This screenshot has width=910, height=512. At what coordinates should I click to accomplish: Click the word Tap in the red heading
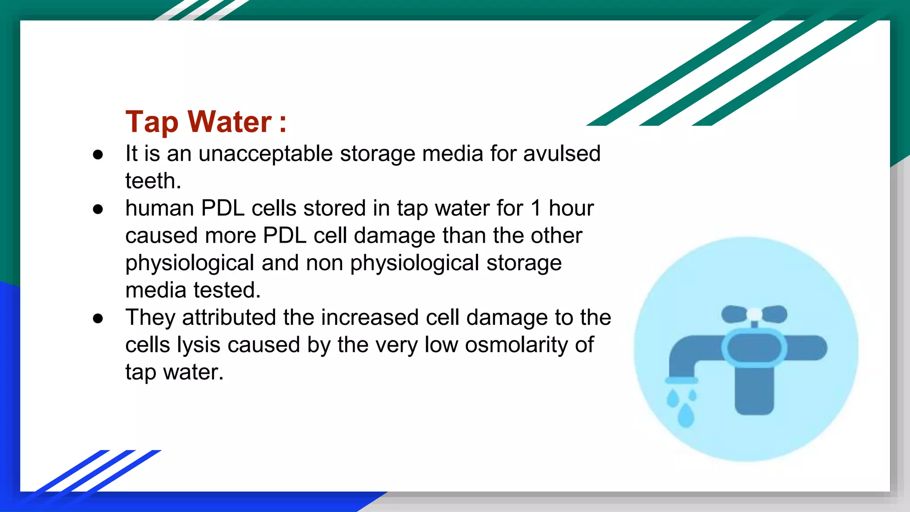[152, 122]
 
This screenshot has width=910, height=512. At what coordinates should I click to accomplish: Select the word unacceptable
[265, 154]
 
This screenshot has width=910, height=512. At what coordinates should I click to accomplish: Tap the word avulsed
[562, 154]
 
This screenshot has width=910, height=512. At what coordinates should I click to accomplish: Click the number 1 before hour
[536, 208]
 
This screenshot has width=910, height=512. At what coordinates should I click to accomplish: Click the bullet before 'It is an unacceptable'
[98, 155]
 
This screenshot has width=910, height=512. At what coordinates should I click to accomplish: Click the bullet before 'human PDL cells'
[98, 209]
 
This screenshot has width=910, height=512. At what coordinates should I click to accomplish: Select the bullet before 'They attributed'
[98, 318]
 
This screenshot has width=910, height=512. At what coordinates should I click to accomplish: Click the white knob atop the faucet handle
[754, 314]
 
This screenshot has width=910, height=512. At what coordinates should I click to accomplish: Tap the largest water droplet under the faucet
[686, 415]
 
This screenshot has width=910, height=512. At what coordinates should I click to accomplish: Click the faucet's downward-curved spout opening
[681, 380]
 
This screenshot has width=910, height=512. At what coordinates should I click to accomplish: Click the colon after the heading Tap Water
[283, 123]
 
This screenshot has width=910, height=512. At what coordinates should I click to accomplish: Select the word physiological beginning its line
[190, 263]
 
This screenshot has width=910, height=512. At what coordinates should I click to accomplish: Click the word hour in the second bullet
[571, 208]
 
